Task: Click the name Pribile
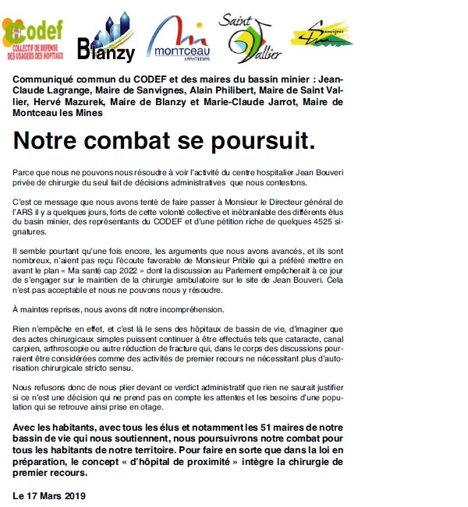(293, 261)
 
